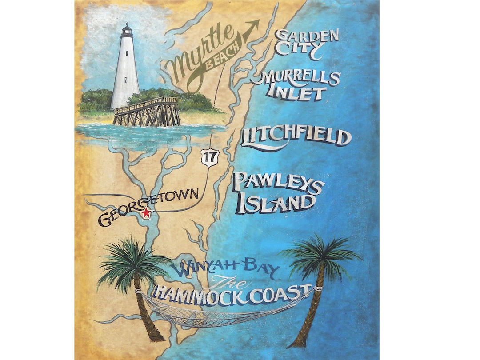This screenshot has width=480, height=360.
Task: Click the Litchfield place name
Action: pos(296,137)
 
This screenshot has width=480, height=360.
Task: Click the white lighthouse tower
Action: pos(125,71)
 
